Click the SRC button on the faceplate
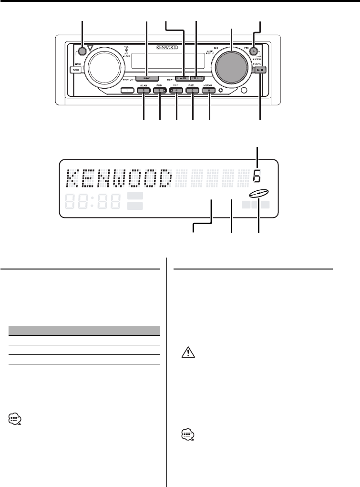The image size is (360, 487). [146, 77]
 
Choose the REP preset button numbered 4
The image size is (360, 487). [176, 90]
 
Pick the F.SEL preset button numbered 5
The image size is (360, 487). [193, 90]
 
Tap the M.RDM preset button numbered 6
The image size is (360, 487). [209, 90]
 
